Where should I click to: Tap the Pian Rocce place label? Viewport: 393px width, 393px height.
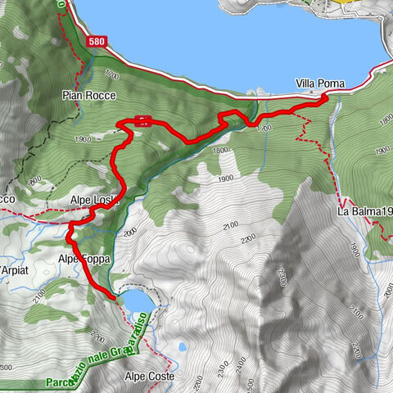(90, 97)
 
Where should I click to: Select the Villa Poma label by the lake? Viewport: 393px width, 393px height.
(320, 84)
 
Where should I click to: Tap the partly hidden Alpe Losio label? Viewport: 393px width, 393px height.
(95, 201)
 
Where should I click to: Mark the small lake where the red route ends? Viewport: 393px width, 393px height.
(137, 304)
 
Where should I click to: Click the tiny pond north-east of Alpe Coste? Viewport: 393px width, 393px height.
(181, 347)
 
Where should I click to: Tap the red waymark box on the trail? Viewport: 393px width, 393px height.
(142, 121)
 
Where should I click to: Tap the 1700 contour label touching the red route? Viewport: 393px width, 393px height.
(263, 129)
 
